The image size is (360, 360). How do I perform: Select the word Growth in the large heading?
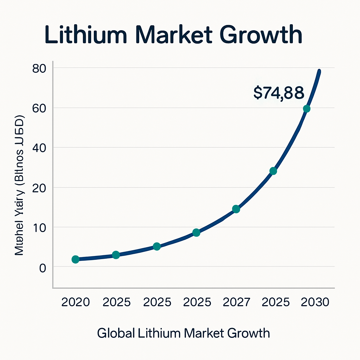(x=266, y=36)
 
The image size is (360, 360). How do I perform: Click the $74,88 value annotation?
(x=278, y=92)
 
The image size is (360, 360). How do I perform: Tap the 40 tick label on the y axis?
(x=39, y=148)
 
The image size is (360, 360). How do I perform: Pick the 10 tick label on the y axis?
(x=39, y=227)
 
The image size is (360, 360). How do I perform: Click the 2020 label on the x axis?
(x=75, y=302)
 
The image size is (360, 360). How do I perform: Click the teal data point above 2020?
(x=75, y=259)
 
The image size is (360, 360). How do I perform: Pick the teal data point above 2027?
(x=236, y=209)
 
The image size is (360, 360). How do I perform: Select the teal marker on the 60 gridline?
(x=307, y=109)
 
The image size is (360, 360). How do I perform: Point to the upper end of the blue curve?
(x=319, y=71)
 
